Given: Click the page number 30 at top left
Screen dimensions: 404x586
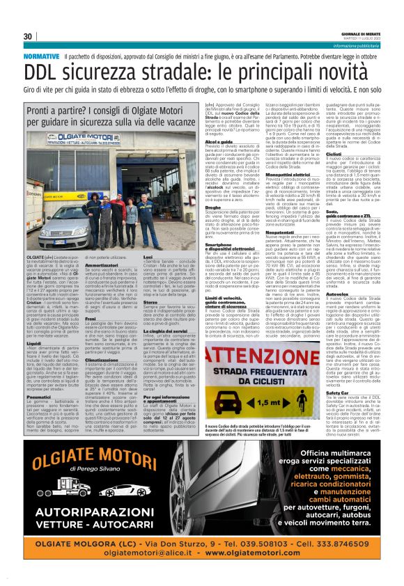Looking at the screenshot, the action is (29, 36).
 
